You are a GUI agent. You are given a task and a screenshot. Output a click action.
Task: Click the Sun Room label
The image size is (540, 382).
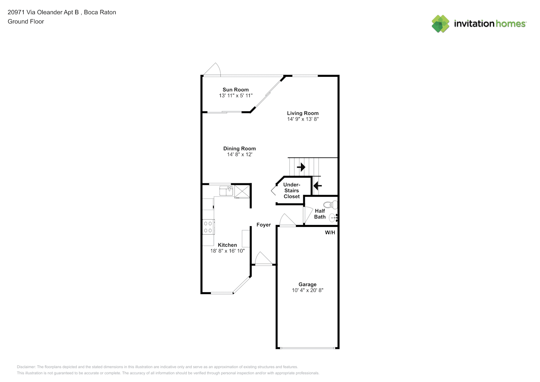coord(236,89)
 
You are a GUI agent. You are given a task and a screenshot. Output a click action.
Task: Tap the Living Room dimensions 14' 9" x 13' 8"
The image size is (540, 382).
coord(303,119)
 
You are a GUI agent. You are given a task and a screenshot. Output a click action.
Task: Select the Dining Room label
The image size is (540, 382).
coord(239,149)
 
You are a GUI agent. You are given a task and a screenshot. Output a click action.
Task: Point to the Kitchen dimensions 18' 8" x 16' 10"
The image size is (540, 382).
coord(227,251)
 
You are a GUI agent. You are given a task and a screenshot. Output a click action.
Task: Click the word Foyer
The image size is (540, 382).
coord(264,225)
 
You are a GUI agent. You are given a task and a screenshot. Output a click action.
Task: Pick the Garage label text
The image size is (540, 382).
coord(307,284)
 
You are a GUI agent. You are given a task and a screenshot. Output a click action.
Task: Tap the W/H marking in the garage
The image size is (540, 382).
coord(330,233)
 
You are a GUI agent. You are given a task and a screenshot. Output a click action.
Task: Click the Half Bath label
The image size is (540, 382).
coord(320,214)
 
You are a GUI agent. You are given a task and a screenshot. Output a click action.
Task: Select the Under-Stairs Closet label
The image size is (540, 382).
coord(292,191)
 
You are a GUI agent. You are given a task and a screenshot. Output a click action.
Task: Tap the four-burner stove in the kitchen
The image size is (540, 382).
coord(208,227)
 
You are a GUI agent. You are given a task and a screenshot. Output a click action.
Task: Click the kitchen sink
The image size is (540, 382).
coord(226,191)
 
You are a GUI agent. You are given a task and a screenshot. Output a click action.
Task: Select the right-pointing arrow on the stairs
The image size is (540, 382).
coord(301,167)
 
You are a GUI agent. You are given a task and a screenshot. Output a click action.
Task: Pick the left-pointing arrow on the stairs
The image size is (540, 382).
coord(317,186)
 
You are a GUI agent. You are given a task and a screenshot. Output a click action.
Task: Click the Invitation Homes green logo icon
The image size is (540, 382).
coord(440,24)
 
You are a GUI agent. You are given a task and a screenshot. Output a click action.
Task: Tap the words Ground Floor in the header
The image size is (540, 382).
coord(26,21)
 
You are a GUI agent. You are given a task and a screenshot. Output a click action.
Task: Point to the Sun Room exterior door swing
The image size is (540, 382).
coord(212,70)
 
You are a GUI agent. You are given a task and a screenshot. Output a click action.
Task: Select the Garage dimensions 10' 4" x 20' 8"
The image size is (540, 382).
coord(307,290)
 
